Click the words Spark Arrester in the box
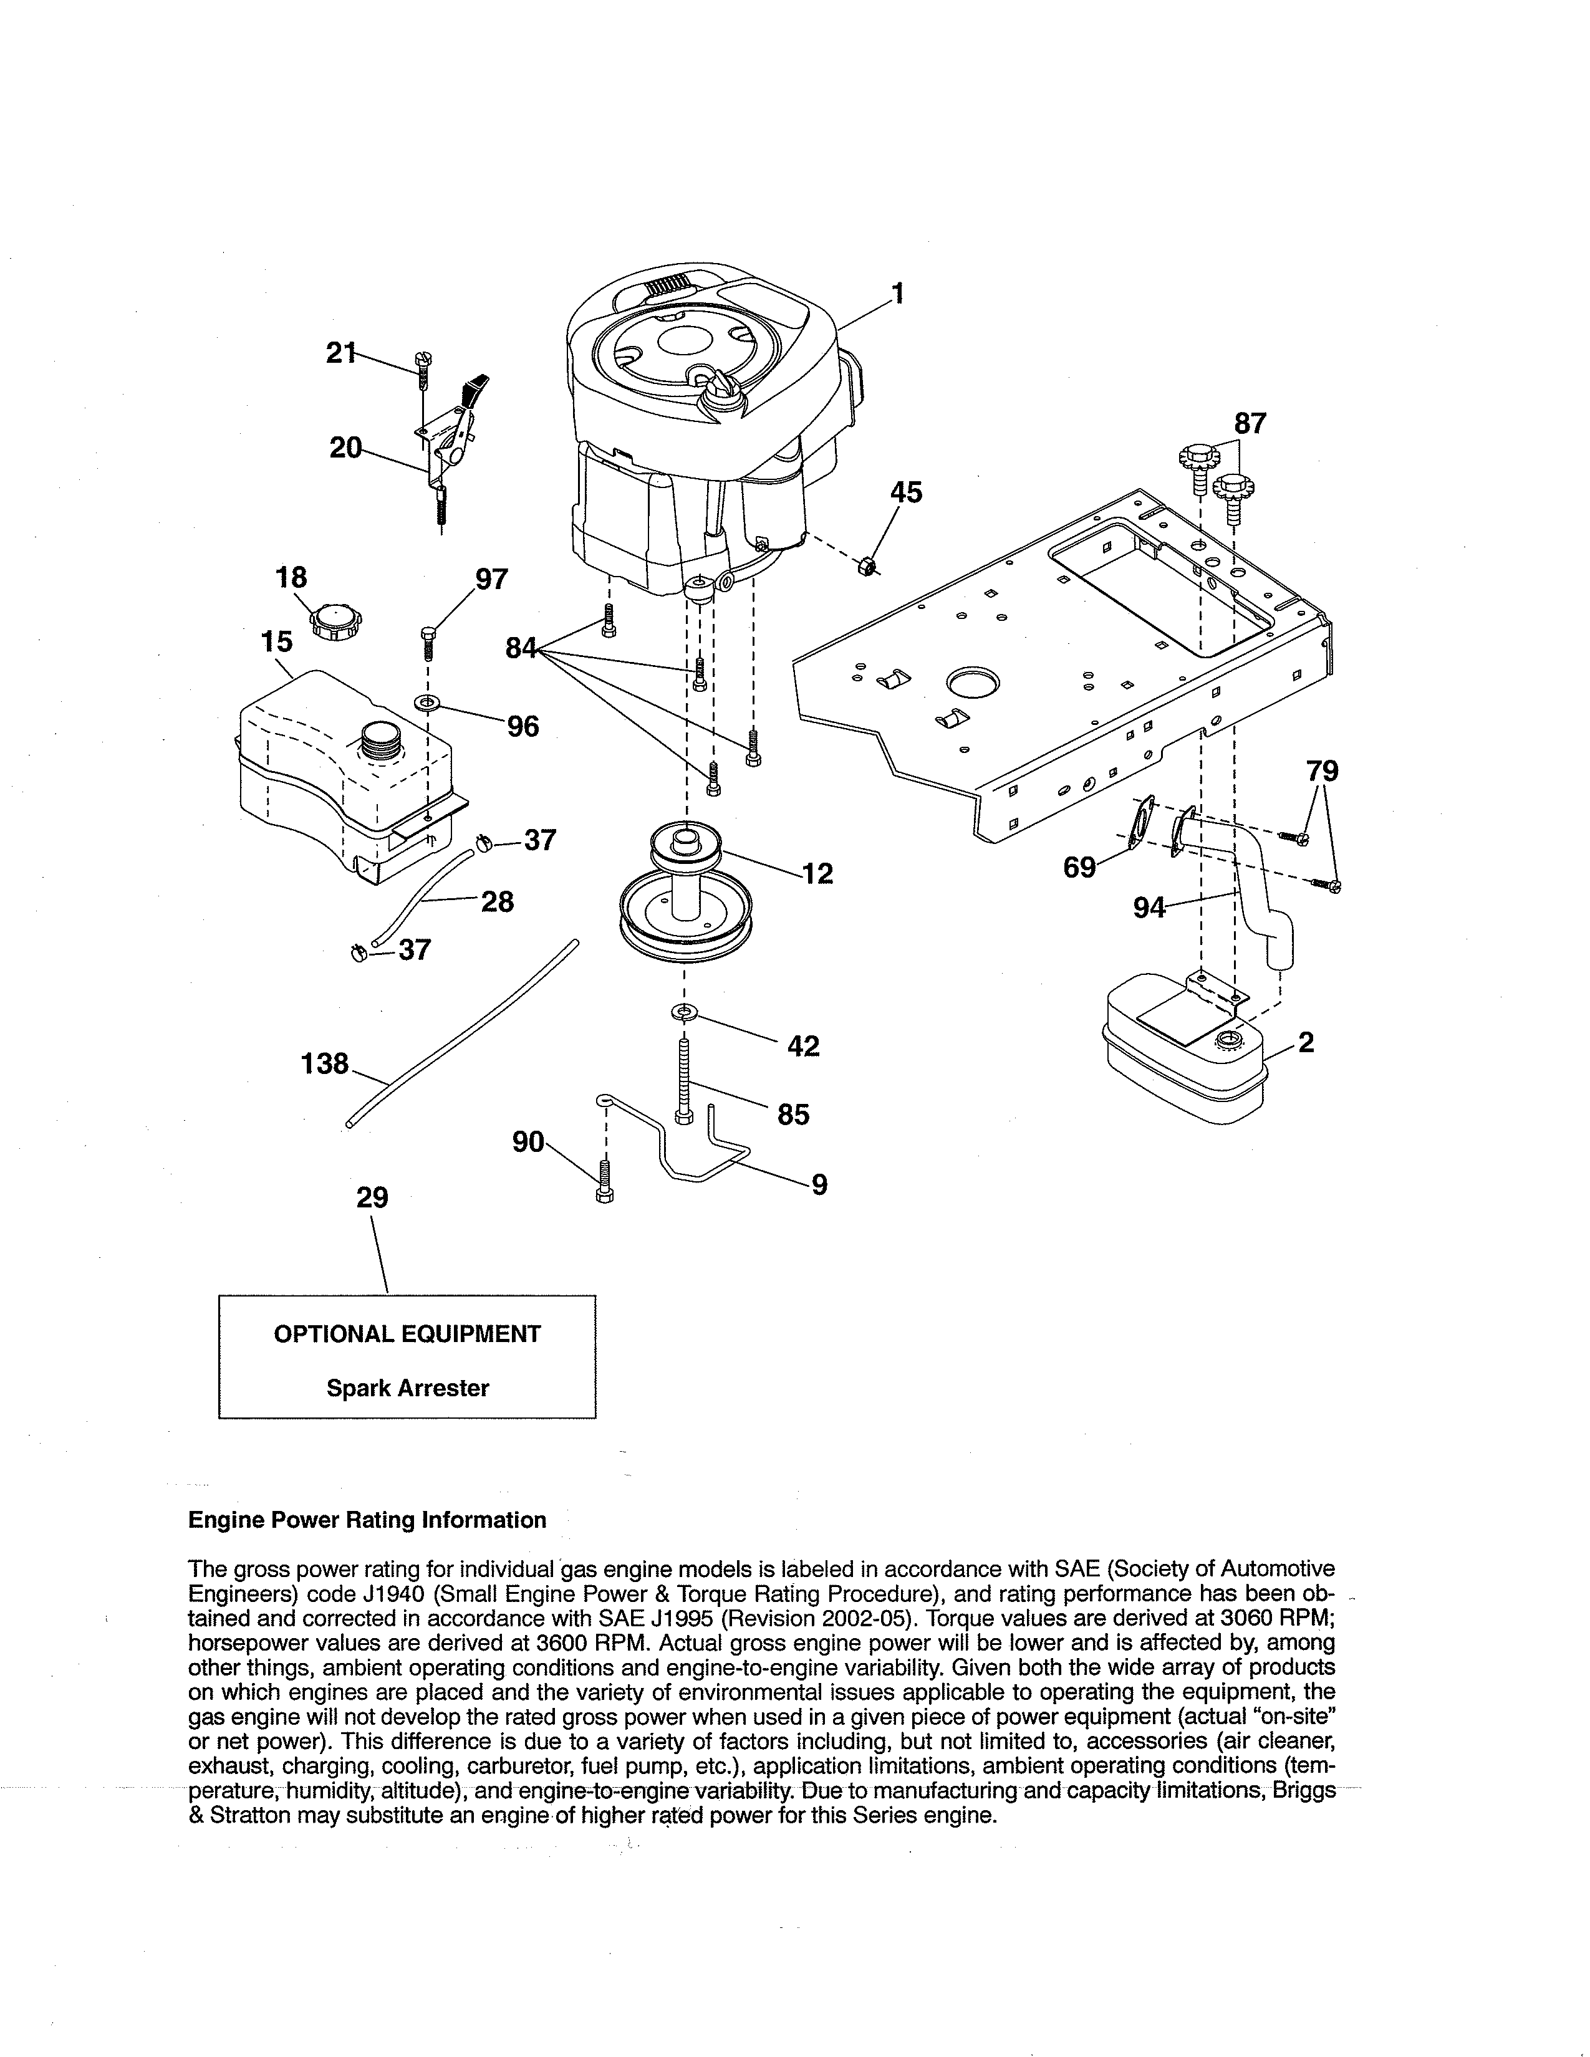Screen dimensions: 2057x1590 click(x=407, y=1388)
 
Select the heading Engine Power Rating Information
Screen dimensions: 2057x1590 click(x=367, y=1520)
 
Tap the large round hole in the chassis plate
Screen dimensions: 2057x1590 click(x=974, y=680)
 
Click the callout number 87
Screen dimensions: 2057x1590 click(x=1250, y=424)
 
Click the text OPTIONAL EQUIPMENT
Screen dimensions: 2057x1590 click(x=407, y=1334)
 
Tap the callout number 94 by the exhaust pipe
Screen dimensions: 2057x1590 click(x=1149, y=908)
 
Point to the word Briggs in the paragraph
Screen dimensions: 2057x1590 click(x=1304, y=1790)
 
